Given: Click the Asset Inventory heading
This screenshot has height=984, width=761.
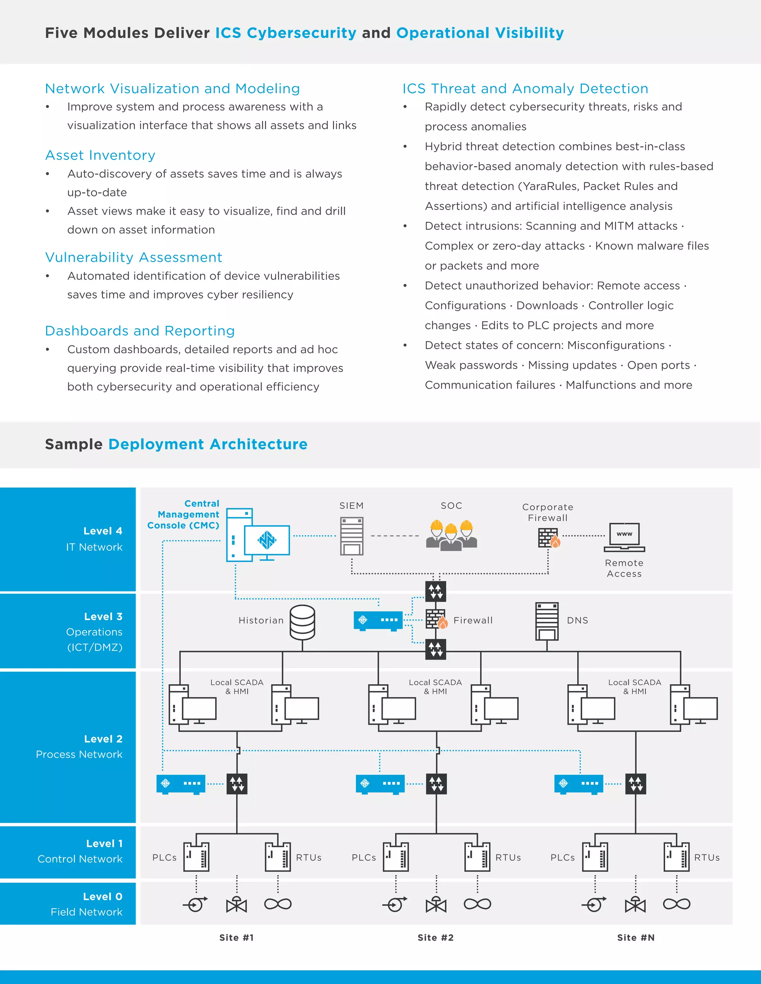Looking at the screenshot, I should coord(100,155).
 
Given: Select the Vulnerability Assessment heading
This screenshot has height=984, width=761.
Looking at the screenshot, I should coord(133,257).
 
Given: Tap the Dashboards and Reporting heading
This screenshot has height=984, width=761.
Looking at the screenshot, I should coord(140,331).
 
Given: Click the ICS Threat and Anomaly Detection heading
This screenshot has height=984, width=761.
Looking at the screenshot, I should coord(525,89).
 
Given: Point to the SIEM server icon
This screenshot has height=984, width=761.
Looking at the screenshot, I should coord(352,536).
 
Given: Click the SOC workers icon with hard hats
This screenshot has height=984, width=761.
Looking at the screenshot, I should coord(451,535).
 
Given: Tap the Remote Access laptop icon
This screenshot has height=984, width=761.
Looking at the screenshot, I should coord(624,537).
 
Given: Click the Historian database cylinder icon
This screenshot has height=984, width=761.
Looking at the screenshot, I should coord(302,622).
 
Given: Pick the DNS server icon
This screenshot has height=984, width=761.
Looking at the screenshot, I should coord(547,621).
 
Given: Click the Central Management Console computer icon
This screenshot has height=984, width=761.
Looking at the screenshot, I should coord(258,535).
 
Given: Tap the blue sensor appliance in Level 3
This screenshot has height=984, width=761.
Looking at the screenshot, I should coord(378,620).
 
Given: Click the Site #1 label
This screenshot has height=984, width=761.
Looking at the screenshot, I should coord(236,938).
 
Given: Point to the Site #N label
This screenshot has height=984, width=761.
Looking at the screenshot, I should coord(636,938).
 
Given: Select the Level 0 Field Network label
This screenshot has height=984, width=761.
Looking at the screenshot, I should coord(87,904).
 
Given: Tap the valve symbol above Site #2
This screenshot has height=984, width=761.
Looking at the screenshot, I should coord(436,904).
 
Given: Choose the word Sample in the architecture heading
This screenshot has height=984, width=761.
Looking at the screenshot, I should coord(74,444).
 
